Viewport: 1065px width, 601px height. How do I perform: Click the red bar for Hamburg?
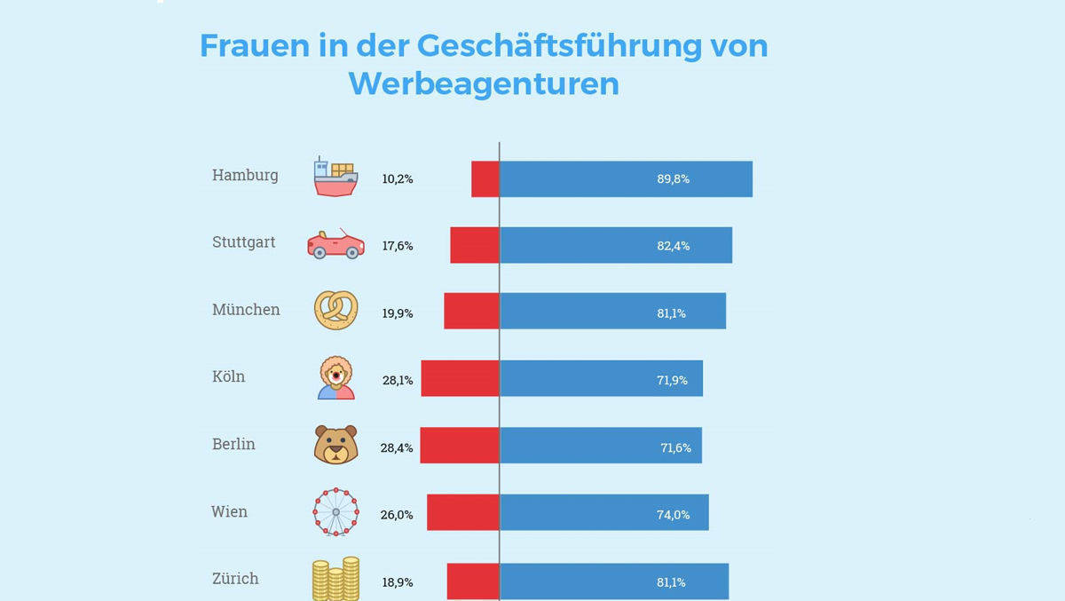point(485,178)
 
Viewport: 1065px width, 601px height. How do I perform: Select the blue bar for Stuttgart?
point(616,245)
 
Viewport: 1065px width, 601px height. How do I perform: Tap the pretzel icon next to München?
point(335,311)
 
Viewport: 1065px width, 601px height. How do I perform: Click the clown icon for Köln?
point(335,378)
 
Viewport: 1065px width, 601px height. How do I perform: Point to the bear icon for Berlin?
point(335,445)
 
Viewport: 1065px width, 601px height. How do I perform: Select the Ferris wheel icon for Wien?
point(335,512)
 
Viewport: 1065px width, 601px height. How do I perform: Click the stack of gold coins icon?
point(335,578)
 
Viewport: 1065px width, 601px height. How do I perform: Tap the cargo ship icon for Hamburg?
point(335,177)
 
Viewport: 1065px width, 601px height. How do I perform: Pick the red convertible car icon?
point(335,244)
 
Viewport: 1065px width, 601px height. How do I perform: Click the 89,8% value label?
point(673,178)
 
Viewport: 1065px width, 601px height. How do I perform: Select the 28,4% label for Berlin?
point(397,447)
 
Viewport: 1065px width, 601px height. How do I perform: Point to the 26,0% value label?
point(397,514)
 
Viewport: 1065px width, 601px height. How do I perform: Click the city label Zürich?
point(235,579)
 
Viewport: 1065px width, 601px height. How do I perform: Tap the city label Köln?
point(228,376)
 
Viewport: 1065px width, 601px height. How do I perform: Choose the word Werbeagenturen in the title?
point(484,83)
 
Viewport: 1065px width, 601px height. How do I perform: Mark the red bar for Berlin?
point(460,445)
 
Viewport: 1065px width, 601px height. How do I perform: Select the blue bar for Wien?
point(603,512)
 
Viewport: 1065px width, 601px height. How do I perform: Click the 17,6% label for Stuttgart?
point(397,246)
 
